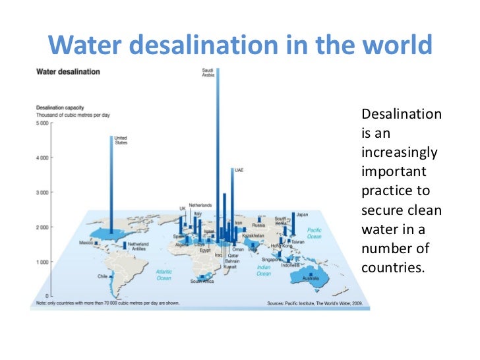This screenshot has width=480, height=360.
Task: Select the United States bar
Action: [111, 185]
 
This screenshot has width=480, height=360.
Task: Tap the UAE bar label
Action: [239, 170]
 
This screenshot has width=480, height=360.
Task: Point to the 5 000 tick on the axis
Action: [41, 123]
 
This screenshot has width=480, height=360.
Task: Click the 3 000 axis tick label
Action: [41, 193]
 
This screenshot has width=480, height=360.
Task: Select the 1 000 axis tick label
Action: [41, 262]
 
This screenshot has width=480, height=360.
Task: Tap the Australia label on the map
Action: [311, 280]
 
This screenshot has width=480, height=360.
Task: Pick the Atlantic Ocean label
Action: [164, 274]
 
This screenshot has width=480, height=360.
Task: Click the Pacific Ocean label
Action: [315, 233]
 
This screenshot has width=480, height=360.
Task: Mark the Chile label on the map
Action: [102, 276]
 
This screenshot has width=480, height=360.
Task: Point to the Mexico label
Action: [86, 243]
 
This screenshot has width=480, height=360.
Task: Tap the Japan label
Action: [302, 214]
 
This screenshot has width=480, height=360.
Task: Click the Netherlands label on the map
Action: [200, 205]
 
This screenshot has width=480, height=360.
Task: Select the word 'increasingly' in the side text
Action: [400, 152]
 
